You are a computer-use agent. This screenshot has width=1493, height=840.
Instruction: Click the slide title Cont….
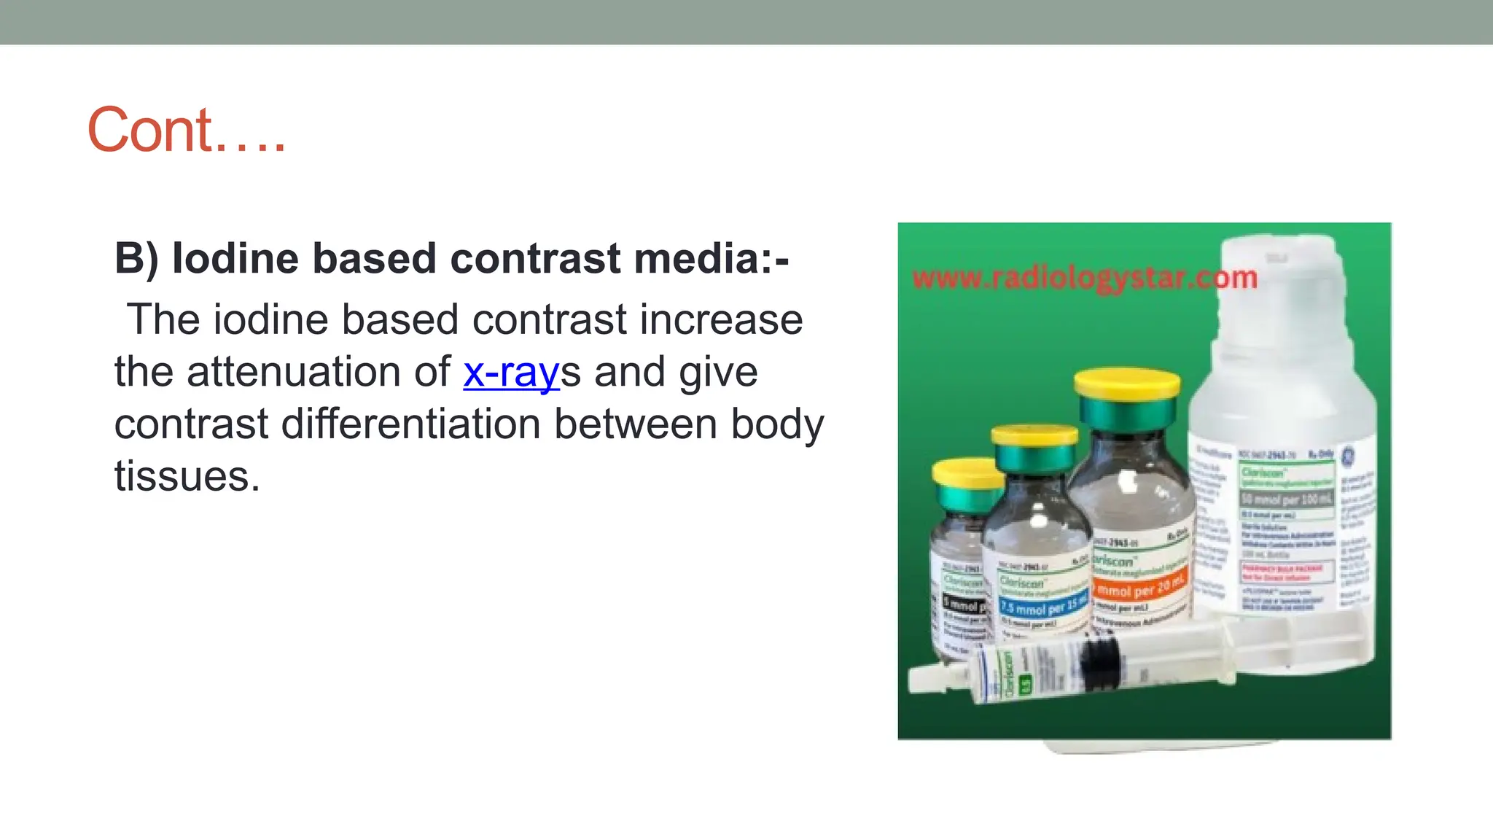click(x=187, y=131)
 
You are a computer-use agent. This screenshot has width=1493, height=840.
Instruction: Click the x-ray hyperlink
click(x=511, y=372)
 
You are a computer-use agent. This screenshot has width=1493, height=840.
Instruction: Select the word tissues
click(x=187, y=477)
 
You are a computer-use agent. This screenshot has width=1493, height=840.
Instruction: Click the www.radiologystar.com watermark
click(x=1085, y=278)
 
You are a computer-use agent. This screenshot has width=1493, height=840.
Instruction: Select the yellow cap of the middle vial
click(x=1034, y=435)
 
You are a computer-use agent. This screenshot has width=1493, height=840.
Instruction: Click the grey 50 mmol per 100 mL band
click(x=1287, y=499)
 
